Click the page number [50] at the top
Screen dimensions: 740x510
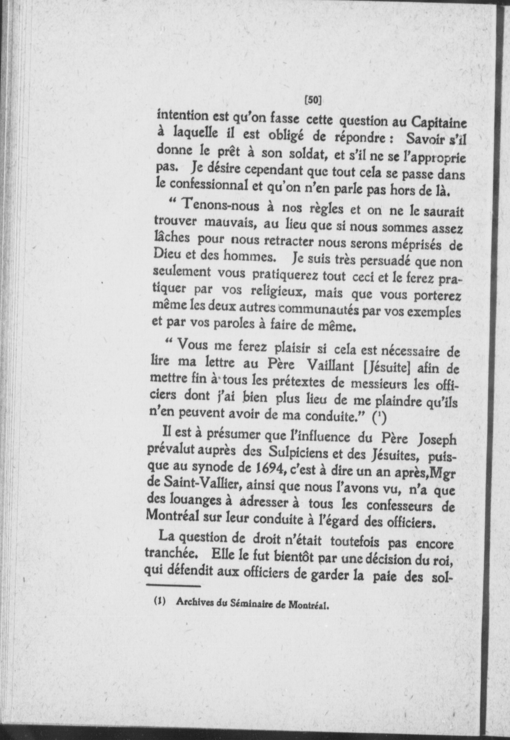(313, 100)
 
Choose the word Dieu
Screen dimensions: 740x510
(166, 254)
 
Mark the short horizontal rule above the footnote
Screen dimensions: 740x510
(173, 587)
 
